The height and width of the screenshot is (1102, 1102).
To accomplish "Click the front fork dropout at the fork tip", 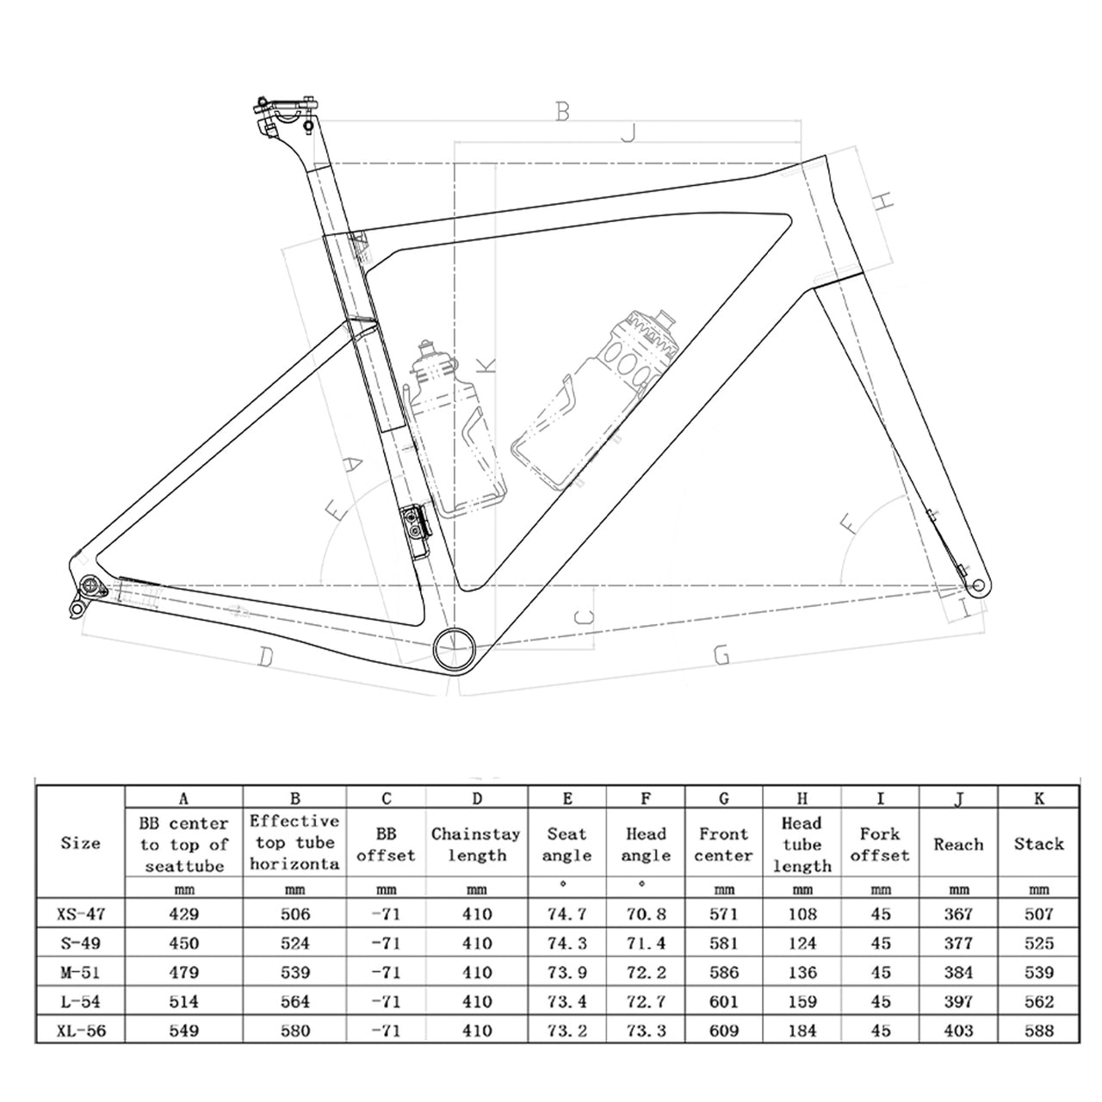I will pos(976,588).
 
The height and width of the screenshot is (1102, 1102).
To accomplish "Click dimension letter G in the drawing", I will pos(721,656).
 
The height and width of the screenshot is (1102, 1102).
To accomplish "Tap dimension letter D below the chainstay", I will pos(265,658).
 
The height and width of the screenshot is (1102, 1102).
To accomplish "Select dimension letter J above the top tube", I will pos(628,133).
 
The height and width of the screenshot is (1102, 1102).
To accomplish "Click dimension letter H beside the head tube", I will pos(883,201).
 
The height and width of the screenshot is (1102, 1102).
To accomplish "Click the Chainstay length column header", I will pos(476,844).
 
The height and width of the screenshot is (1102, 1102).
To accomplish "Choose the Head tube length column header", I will pos(802,844).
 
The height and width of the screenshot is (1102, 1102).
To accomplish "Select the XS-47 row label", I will pos(82,913).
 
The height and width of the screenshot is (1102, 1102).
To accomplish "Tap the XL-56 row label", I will pos(82,1031).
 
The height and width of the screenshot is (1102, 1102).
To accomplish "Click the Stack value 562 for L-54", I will pos(1038,1001).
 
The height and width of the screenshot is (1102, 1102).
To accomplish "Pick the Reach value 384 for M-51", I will pos(958,972).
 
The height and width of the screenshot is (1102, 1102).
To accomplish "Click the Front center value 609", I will pos(723,1031).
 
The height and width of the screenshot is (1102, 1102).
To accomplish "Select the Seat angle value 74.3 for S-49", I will pos(566,943).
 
